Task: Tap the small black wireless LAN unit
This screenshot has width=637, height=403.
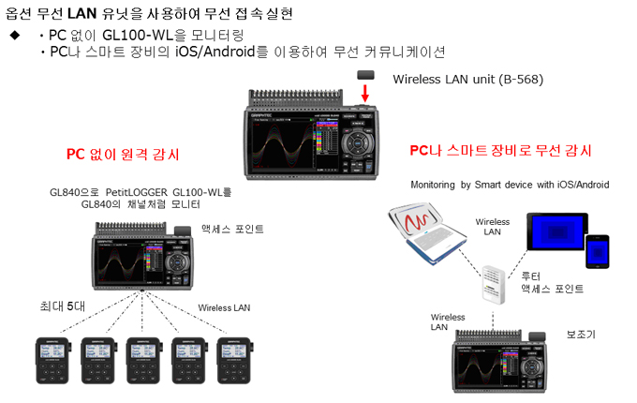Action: (x=367, y=74)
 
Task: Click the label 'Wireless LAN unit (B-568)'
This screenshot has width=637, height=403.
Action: (x=467, y=79)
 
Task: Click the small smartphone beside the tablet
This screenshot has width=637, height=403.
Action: (x=597, y=251)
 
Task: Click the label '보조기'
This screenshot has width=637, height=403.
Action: (x=582, y=333)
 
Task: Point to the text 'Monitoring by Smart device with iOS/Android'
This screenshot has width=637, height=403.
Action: (x=510, y=185)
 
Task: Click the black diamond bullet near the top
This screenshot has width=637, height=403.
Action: (x=15, y=35)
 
